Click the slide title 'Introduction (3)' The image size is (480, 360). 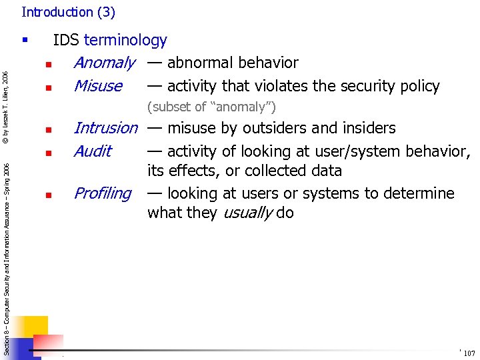pyautogui.click(x=68, y=12)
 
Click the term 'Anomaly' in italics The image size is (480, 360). pyautogui.click(x=104, y=63)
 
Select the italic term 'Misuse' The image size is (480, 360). pyautogui.click(x=98, y=86)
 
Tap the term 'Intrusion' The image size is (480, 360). pyautogui.click(x=105, y=127)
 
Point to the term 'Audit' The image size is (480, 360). pyautogui.click(x=93, y=151)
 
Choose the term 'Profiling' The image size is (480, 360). pyautogui.click(x=103, y=193)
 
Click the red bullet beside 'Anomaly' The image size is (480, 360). pyautogui.click(x=49, y=65)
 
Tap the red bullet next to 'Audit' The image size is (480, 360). pyautogui.click(x=49, y=153)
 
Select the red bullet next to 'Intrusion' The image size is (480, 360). pyautogui.click(x=49, y=130)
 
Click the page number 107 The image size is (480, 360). pyautogui.click(x=469, y=353)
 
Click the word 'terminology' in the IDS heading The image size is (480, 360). pyautogui.click(x=125, y=40)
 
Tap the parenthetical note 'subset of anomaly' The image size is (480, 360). pyautogui.click(x=211, y=107)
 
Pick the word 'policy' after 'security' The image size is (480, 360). pyautogui.click(x=418, y=86)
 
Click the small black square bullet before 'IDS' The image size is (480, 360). pyautogui.click(x=25, y=41)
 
